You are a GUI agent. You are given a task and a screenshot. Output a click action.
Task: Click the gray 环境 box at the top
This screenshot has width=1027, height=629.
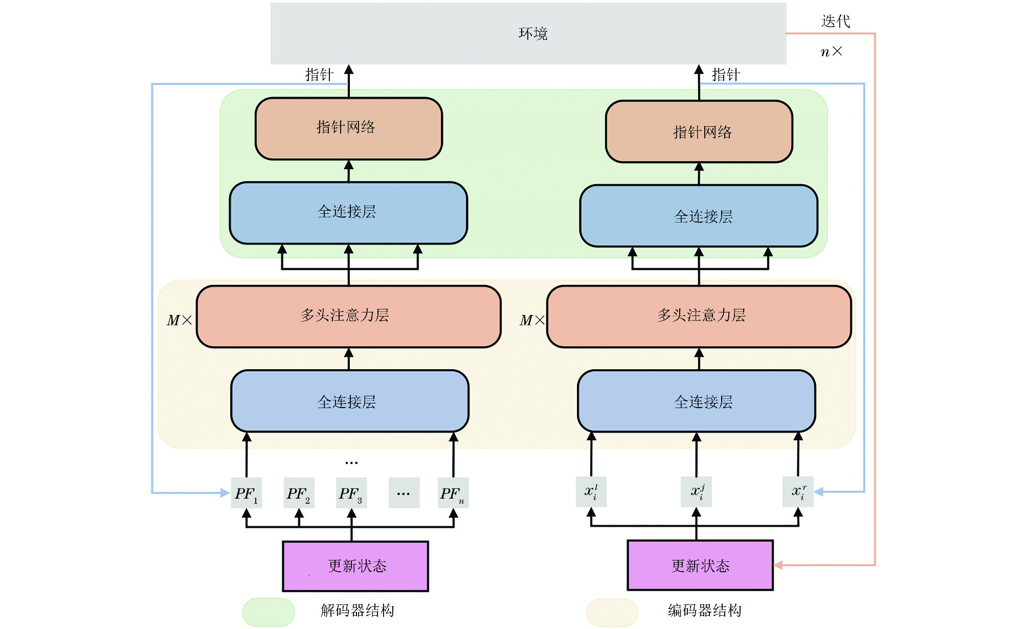click(528, 34)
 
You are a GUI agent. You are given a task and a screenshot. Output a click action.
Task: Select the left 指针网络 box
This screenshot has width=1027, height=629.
click(348, 128)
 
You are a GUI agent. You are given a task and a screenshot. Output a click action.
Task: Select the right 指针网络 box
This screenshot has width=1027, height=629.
click(699, 131)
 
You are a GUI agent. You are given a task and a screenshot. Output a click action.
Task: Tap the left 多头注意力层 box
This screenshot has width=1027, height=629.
click(348, 316)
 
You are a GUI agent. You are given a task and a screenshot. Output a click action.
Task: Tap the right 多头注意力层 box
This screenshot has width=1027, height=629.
click(699, 316)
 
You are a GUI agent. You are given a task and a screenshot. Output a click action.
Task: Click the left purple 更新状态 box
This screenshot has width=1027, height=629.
click(355, 566)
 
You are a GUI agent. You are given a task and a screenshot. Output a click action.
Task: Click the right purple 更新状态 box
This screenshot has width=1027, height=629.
click(700, 565)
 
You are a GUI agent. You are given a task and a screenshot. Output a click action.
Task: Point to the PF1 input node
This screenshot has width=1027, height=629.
click(247, 493)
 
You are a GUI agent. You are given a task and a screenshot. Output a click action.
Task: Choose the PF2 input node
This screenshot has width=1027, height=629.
click(299, 493)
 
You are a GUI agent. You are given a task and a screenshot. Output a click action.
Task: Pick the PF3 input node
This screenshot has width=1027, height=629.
click(351, 493)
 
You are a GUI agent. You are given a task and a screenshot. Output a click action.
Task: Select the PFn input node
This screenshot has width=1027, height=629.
click(453, 493)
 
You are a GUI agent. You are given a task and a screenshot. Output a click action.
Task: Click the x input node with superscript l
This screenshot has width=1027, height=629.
click(591, 492)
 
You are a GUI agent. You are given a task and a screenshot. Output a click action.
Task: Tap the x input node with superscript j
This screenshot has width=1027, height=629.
click(696, 492)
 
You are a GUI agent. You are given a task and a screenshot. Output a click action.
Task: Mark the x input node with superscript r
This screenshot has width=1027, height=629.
click(798, 492)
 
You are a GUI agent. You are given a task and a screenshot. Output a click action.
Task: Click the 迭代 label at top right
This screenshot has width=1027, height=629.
click(835, 21)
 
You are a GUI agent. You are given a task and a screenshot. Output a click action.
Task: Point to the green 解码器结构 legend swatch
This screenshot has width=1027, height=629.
click(269, 612)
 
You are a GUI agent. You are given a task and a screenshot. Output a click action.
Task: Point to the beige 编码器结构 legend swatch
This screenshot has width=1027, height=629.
click(612, 612)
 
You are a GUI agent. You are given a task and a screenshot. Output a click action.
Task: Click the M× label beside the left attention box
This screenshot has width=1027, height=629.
click(180, 321)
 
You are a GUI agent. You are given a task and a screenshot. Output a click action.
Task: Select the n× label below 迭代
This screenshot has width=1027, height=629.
click(831, 52)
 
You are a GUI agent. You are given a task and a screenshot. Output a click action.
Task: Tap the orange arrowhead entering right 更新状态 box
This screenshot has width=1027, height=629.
click(778, 565)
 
